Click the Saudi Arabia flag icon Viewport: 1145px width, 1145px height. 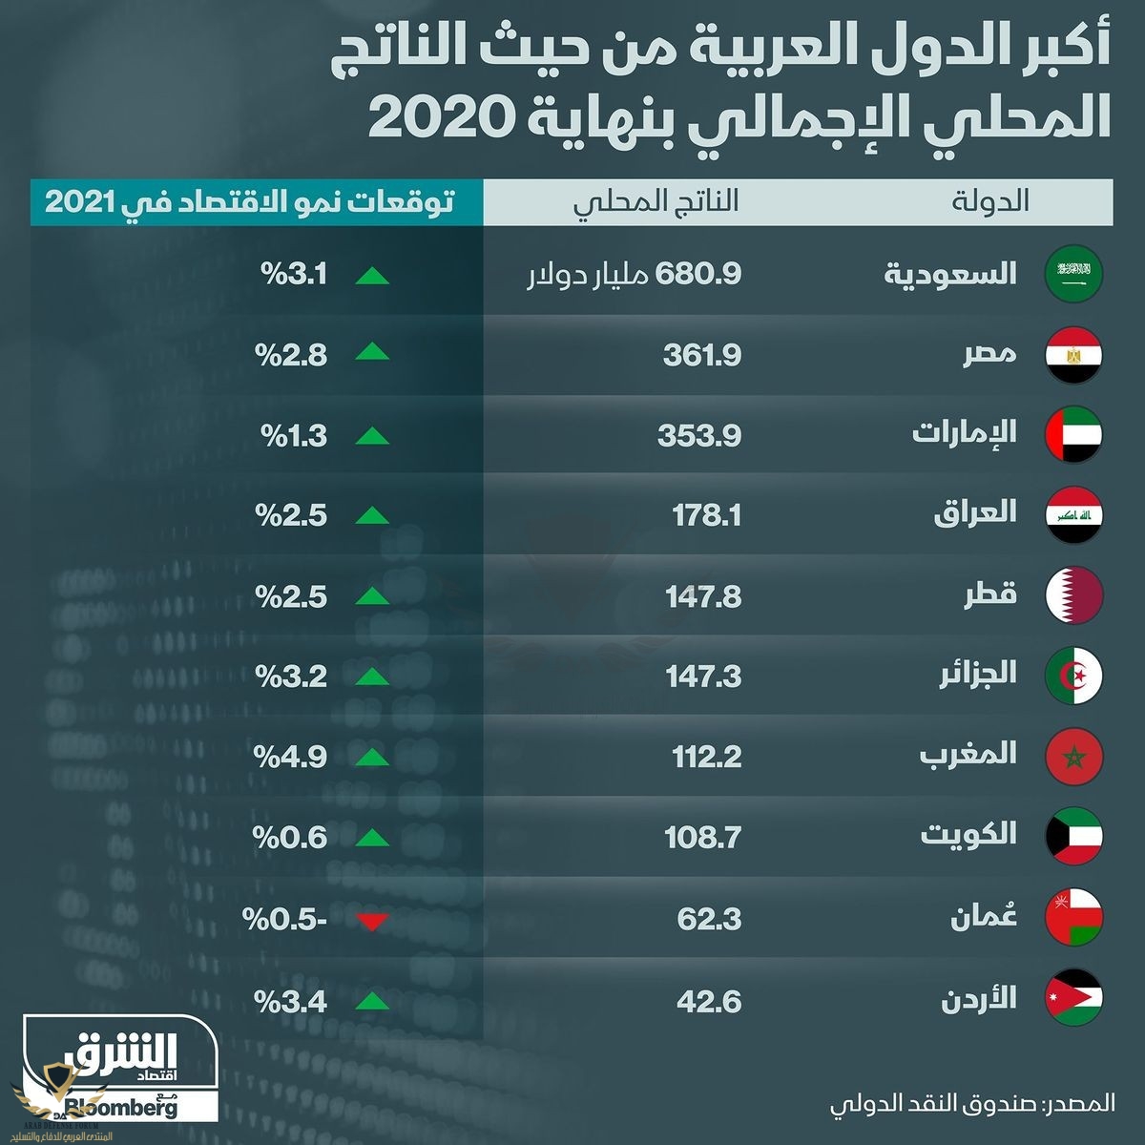click(1073, 275)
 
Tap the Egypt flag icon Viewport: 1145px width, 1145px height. click(1073, 355)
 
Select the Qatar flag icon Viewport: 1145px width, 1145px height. click(1073, 595)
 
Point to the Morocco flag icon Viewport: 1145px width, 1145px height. click(1073, 756)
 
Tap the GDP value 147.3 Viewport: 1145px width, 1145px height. click(703, 677)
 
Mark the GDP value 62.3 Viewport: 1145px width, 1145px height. click(709, 919)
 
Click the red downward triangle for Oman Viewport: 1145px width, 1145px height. click(371, 921)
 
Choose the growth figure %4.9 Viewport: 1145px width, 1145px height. click(290, 757)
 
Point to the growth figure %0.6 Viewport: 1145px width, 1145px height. click(290, 838)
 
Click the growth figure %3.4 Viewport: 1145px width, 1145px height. click(290, 1002)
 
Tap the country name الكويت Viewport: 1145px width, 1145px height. click(968, 835)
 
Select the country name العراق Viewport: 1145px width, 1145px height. click(974, 513)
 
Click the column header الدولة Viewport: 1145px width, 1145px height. click(989, 201)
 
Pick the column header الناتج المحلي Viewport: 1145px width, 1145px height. click(656, 201)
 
